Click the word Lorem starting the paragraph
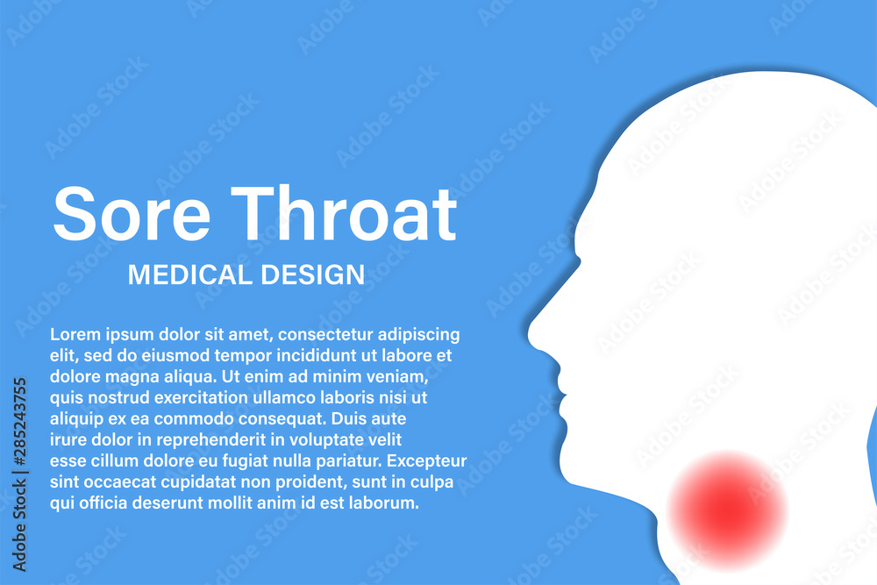point(74,334)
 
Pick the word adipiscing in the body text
point(418,334)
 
